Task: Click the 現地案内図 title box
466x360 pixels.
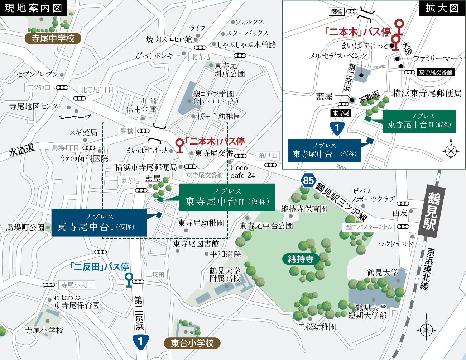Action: [x=33, y=8]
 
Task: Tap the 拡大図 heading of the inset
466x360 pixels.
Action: [x=442, y=8]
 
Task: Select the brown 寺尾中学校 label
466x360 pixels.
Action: [x=53, y=38]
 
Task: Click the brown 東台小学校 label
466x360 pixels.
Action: [x=192, y=343]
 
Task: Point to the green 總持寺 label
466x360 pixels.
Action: [x=301, y=259]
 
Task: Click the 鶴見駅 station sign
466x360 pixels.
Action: [x=433, y=211]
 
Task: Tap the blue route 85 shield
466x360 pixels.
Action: [x=308, y=180]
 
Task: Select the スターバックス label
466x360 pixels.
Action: [x=247, y=33]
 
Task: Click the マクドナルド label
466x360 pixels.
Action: [x=395, y=244]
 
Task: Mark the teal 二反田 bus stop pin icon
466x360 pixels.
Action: [x=129, y=279]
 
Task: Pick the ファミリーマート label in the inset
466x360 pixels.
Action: [x=438, y=58]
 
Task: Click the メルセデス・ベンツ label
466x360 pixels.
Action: [x=338, y=56]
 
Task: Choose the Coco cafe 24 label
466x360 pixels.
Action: [x=242, y=172]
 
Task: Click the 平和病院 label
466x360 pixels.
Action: [x=225, y=254]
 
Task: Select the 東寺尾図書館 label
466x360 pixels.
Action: [x=196, y=244]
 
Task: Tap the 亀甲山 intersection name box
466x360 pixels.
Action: [x=268, y=156]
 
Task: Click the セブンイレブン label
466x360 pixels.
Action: [x=37, y=75]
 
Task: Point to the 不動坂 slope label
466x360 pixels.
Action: [x=369, y=97]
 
